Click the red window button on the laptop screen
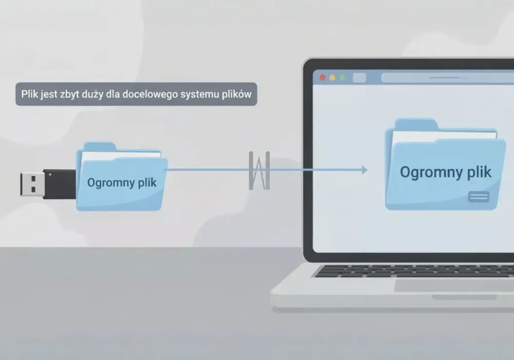pyautogui.click(x=323, y=77)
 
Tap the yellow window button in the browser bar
pyautogui.click(x=333, y=77)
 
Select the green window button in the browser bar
pyautogui.click(x=342, y=77)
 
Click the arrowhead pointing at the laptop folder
pyautogui.click(x=364, y=170)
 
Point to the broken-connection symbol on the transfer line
pyautogui.click(x=259, y=171)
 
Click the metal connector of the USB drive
pyautogui.click(x=32, y=184)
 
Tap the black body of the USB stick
pyautogui.click(x=60, y=184)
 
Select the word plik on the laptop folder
pyautogui.click(x=479, y=172)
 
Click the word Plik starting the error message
pyautogui.click(x=30, y=94)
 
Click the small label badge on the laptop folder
pyautogui.click(x=479, y=196)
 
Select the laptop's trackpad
pyautogui.click(x=454, y=285)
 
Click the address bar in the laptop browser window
pyautogui.click(x=448, y=78)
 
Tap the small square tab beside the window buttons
pyautogui.click(x=359, y=78)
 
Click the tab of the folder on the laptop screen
pyautogui.click(x=416, y=124)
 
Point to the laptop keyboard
pyautogui.click(x=414, y=271)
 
